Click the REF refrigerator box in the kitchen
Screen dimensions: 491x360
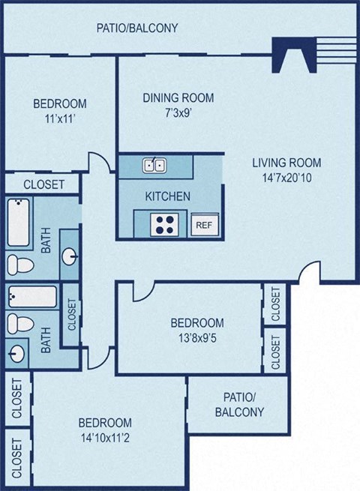pyautogui.click(x=203, y=224)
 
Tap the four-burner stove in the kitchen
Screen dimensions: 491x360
pyautogui.click(x=164, y=223)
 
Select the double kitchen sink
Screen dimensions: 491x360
pyautogui.click(x=156, y=165)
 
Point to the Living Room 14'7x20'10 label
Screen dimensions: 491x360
pyautogui.click(x=286, y=170)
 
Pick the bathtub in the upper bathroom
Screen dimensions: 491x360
pyautogui.click(x=20, y=223)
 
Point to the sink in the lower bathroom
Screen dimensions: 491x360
pyautogui.click(x=17, y=352)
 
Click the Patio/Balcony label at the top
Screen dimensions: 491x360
pyautogui.click(x=137, y=28)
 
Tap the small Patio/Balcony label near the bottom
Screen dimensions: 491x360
pyautogui.click(x=238, y=404)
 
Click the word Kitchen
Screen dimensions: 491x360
pyautogui.click(x=167, y=196)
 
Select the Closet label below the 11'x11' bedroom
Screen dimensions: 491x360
pyautogui.click(x=43, y=184)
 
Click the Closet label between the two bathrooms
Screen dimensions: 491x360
pyautogui.click(x=72, y=315)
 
